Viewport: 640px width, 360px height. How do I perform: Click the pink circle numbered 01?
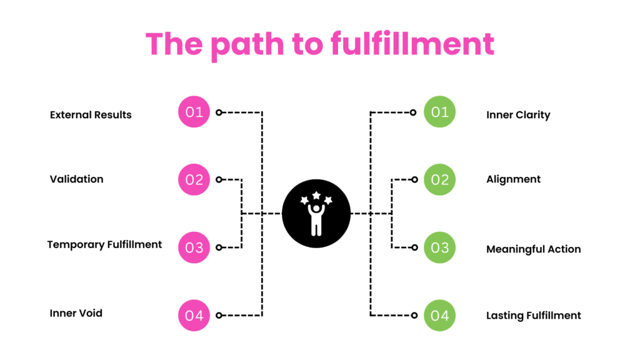pyautogui.click(x=194, y=112)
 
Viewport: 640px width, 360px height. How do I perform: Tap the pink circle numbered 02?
pyautogui.click(x=194, y=180)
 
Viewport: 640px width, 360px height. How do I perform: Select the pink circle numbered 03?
pyautogui.click(x=194, y=247)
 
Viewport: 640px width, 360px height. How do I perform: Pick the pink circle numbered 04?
pyautogui.click(x=194, y=316)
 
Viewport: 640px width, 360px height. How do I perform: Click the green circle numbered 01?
pyautogui.click(x=440, y=112)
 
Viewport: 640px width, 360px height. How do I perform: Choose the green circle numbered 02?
pyautogui.click(x=440, y=180)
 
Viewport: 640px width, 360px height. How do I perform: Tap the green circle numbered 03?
pyautogui.click(x=440, y=247)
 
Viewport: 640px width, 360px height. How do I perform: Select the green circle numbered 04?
pyautogui.click(x=440, y=316)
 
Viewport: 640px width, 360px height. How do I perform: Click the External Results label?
pyautogui.click(x=91, y=115)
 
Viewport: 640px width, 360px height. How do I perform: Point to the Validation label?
pyautogui.click(x=76, y=179)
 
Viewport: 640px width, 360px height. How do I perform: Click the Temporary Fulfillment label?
pyautogui.click(x=104, y=244)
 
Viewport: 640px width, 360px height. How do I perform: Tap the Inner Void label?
pyautogui.click(x=76, y=313)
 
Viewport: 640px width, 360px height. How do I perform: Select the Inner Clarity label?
pyautogui.click(x=518, y=115)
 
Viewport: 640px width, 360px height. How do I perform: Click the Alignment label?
pyautogui.click(x=513, y=179)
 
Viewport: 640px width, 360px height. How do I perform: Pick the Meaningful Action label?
pyautogui.click(x=533, y=249)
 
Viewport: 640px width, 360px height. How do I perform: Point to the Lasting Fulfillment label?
pyautogui.click(x=533, y=316)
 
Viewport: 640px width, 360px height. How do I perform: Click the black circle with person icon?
pyautogui.click(x=316, y=214)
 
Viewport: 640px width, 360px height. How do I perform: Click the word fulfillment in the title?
pyautogui.click(x=412, y=44)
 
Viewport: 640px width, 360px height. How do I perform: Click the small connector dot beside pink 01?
pyautogui.click(x=219, y=112)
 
